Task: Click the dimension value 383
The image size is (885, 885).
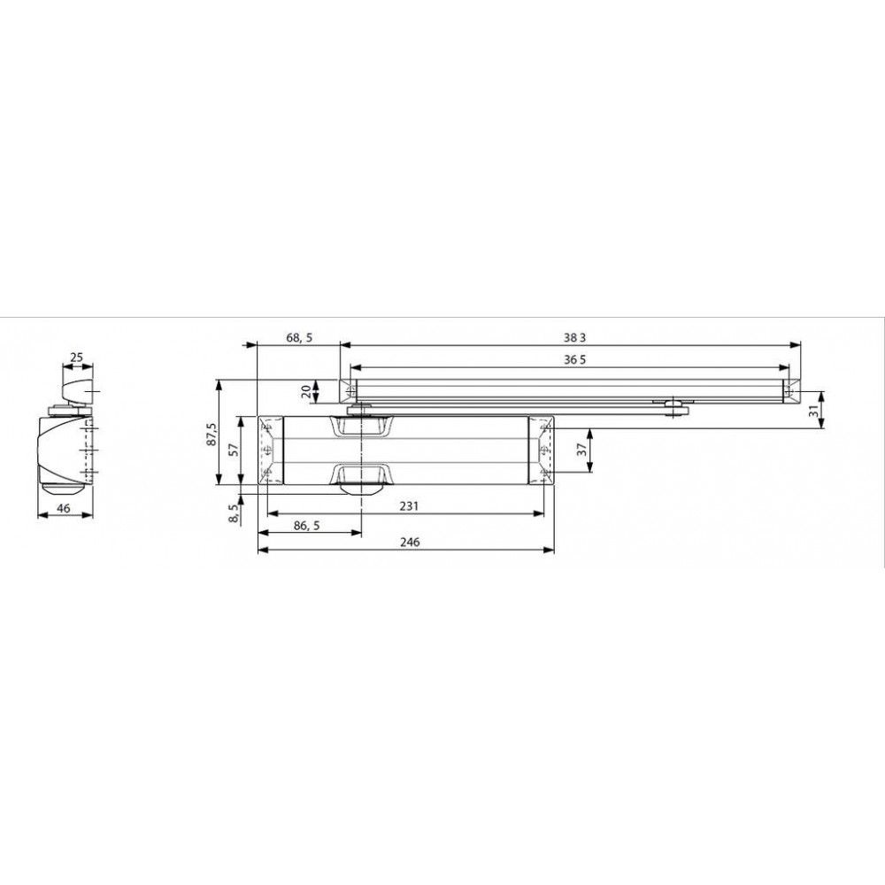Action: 574,337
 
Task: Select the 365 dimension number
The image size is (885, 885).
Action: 574,359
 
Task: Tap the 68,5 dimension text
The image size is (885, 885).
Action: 299,337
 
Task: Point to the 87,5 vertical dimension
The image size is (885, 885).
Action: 212,433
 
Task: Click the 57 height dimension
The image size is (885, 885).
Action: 233,450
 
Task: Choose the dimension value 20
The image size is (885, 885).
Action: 305,391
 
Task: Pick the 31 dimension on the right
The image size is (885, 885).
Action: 813,411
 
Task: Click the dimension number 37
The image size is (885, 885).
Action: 582,450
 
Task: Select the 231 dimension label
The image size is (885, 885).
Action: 409,505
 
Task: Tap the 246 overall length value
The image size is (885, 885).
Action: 410,542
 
